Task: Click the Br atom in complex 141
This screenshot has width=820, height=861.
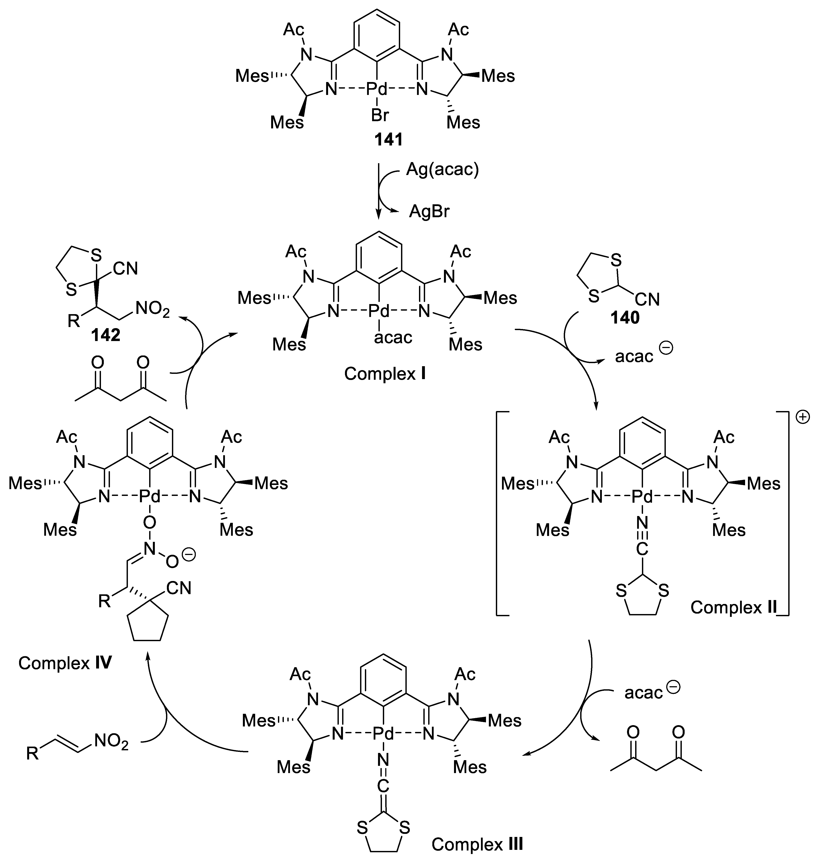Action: [x=380, y=116]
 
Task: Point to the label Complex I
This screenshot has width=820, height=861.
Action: [x=385, y=374]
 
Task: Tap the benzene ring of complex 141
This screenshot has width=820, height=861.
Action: [x=378, y=31]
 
